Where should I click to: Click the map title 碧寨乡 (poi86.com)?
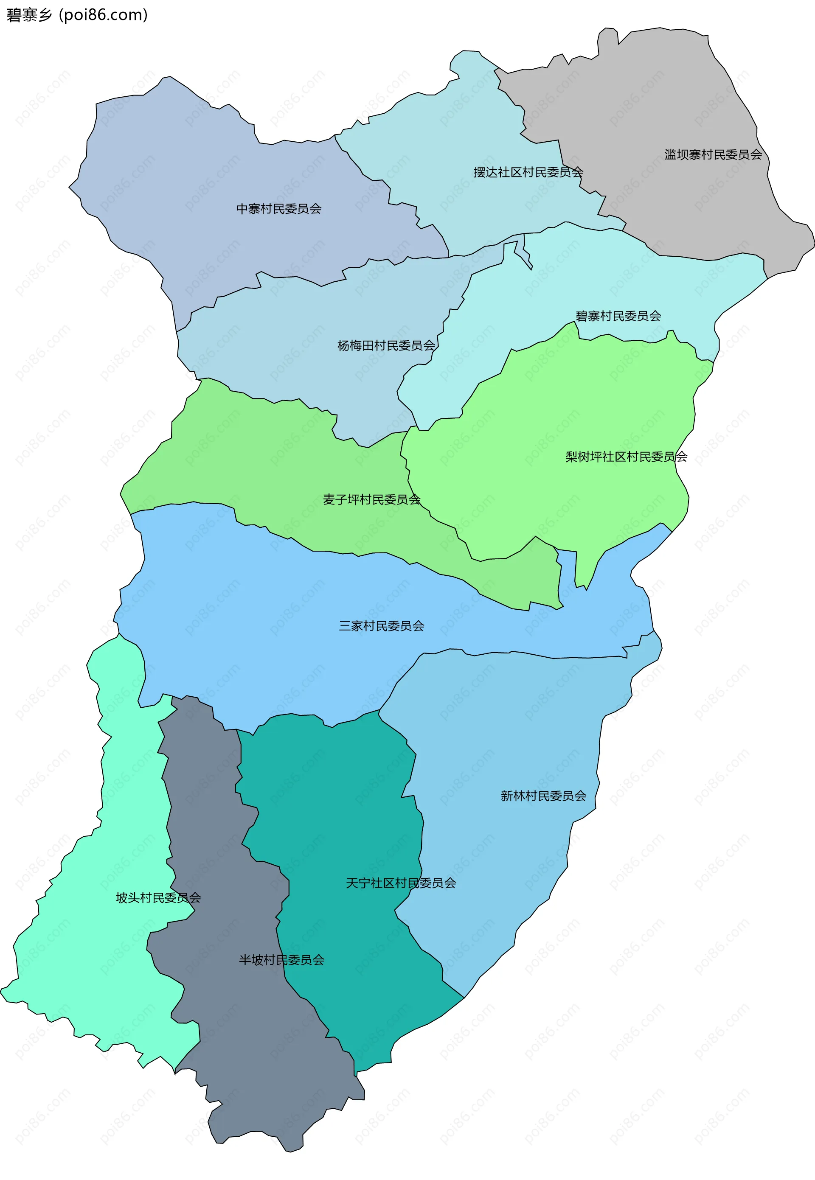(x=76, y=15)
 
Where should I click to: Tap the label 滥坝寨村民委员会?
(x=713, y=154)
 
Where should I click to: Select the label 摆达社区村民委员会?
(x=528, y=173)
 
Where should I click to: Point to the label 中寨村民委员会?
(x=279, y=209)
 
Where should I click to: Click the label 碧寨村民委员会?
(x=618, y=317)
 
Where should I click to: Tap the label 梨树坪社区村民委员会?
(x=626, y=457)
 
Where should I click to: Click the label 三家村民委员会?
(x=382, y=626)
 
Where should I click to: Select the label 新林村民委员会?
(x=543, y=796)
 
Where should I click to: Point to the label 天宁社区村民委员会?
(x=401, y=883)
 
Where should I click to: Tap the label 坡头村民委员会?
(x=158, y=898)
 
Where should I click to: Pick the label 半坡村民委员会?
(x=282, y=960)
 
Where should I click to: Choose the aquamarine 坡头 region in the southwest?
(x=102, y=970)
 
